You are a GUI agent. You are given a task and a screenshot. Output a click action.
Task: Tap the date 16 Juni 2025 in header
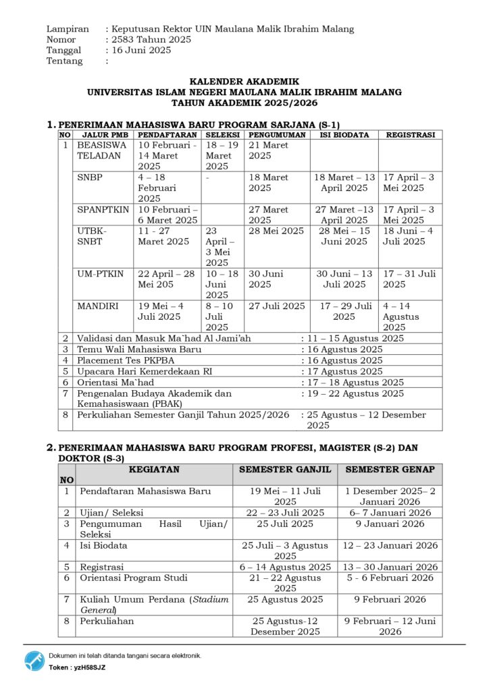[x=142, y=50]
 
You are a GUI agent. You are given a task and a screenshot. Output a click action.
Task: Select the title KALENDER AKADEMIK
[x=244, y=82]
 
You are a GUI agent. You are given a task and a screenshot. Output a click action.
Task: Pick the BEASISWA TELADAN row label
[x=102, y=150]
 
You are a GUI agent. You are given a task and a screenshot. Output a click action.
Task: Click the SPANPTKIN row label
[x=103, y=209]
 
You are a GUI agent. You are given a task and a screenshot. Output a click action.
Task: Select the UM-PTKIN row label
[x=101, y=274]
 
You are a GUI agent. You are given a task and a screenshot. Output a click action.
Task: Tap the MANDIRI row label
[x=98, y=306]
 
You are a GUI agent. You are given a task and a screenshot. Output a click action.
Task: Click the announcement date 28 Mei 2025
[x=276, y=231]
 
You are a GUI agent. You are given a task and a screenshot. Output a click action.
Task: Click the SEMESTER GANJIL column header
[x=285, y=469]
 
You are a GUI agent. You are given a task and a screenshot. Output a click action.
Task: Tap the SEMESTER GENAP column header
[x=390, y=469]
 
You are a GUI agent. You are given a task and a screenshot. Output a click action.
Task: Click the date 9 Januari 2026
[x=390, y=524]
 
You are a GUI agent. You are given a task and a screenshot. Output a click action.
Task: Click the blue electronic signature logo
[x=34, y=661]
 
